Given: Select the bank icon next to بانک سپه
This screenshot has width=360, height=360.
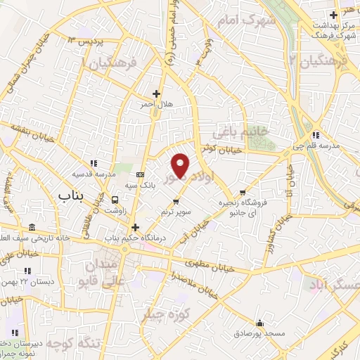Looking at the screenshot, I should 140,174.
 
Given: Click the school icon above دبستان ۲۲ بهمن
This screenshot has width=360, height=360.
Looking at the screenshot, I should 27,270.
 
